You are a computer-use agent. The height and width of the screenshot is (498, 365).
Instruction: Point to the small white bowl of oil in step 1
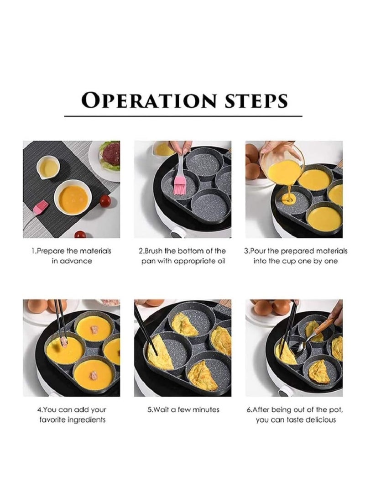click(x=48, y=167)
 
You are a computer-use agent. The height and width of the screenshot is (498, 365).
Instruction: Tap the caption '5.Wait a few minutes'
click(x=183, y=409)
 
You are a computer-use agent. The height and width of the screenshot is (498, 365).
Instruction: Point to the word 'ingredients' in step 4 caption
click(x=86, y=419)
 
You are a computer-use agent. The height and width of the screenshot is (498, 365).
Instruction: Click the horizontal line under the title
click(x=183, y=116)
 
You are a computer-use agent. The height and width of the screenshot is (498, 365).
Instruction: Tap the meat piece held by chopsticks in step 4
click(x=64, y=342)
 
